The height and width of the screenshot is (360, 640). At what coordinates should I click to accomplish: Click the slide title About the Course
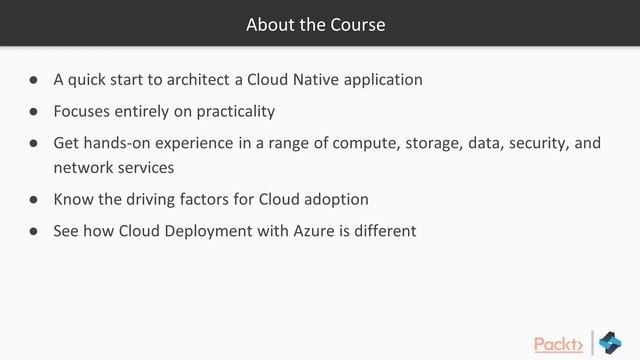(315, 24)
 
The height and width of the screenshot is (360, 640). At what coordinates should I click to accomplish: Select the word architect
(198, 79)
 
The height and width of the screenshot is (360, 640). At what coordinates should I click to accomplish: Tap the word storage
(430, 143)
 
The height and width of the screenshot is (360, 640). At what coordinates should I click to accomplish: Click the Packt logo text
(558, 344)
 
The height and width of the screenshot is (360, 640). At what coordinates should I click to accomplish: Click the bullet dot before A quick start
(33, 79)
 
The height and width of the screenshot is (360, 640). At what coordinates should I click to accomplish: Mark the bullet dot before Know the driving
(33, 199)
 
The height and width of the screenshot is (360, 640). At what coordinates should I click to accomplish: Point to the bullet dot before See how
(33, 231)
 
